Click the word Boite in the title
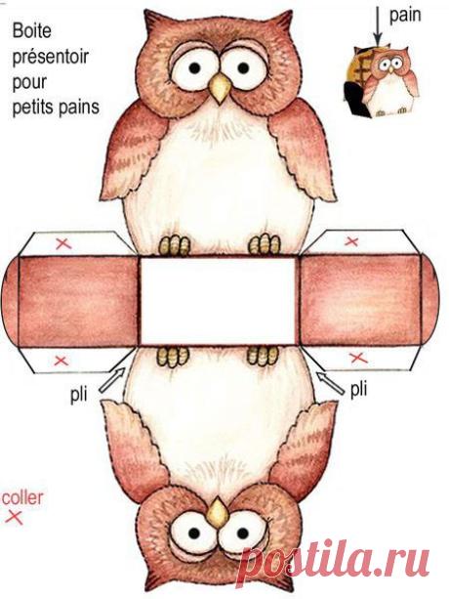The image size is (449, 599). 31,31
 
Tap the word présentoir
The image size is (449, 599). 51,57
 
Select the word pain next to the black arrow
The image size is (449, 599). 405,16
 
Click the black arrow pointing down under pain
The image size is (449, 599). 378,26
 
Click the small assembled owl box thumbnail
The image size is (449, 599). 381,81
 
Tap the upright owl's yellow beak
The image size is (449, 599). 220,88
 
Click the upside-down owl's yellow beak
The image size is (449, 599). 218,513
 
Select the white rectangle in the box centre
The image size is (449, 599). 218,301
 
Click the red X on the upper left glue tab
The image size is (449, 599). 63,243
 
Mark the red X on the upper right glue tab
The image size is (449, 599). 351,241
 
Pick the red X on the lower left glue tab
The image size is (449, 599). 61,361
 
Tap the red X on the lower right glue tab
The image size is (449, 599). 358,359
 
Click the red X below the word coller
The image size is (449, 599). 14,518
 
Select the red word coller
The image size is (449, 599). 22,497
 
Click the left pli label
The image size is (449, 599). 79,395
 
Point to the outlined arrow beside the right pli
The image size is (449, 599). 331,384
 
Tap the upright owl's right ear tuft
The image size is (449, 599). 281,22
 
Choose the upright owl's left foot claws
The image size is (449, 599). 175,245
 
